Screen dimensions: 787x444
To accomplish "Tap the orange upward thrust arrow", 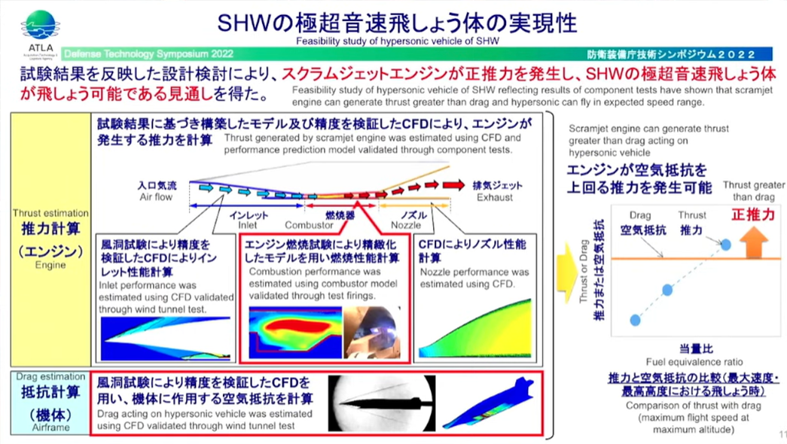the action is point(754,242).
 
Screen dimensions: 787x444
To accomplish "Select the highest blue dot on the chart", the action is point(726,245).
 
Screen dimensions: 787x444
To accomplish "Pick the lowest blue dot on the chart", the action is point(636,320).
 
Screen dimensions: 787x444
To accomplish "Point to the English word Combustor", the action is point(310,225).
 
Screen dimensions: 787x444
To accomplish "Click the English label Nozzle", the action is point(406,225).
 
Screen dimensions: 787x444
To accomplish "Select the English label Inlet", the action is point(248,225).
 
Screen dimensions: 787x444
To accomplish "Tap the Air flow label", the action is point(156,197).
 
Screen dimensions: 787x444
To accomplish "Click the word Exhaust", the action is point(495,197).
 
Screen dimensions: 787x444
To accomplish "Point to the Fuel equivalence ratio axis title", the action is point(694,362).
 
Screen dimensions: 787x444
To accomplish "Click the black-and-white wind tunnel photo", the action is point(382,403).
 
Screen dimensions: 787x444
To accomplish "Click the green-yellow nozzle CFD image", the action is point(474,329).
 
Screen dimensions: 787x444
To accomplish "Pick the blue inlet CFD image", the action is point(166,338).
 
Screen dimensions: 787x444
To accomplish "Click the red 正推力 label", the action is point(753,214).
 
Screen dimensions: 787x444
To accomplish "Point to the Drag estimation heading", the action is point(50,376).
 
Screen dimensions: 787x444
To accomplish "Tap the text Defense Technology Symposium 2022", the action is point(148,53).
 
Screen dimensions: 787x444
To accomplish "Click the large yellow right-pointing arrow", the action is point(567,273).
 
